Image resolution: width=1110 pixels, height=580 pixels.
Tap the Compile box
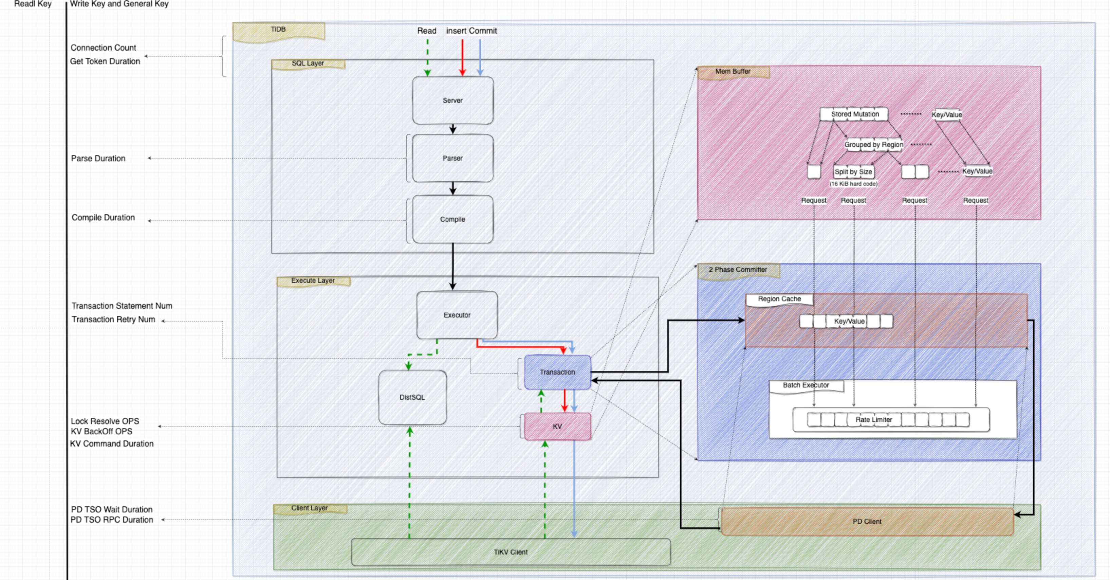(x=452, y=219)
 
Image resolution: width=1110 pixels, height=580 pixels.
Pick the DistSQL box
(x=412, y=397)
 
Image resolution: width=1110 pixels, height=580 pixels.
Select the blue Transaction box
(x=557, y=372)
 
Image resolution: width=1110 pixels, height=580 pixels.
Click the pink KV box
(x=557, y=426)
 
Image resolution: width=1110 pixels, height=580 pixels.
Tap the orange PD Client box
(x=867, y=521)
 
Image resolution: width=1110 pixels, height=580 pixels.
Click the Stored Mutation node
(x=854, y=114)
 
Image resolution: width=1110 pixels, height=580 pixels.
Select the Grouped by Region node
(x=873, y=145)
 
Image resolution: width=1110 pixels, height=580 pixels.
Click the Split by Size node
(x=853, y=172)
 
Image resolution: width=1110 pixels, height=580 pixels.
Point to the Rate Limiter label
(x=873, y=420)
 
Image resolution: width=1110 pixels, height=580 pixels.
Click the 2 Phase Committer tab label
(x=738, y=270)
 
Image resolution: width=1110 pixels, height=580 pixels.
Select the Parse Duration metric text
(x=98, y=159)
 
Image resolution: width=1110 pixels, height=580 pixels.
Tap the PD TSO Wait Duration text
(x=112, y=509)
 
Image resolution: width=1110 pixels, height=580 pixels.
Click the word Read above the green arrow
(x=427, y=31)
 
